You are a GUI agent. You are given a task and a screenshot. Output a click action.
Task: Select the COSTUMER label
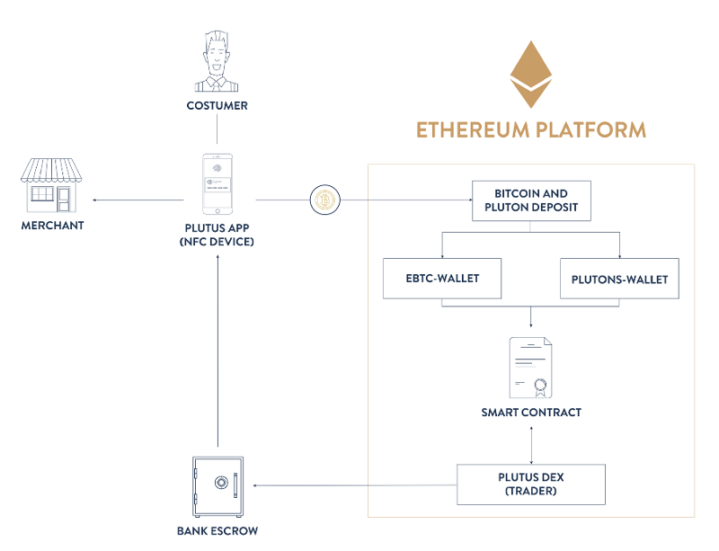217,106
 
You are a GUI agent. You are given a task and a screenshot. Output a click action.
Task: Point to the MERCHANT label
52,225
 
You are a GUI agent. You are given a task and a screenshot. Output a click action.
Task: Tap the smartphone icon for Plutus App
217,182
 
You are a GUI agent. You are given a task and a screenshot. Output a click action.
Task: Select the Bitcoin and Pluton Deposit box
530,200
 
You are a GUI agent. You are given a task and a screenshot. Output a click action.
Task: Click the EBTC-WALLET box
441,279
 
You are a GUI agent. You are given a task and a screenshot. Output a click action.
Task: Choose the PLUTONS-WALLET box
619,279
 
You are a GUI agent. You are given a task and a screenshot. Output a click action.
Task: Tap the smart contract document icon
530,368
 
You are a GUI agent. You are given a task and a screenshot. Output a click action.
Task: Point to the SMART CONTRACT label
530,413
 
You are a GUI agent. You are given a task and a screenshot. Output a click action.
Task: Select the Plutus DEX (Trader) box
530,484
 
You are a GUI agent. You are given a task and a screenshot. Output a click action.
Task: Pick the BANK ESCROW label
217,531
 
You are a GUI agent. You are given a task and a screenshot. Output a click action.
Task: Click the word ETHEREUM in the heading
473,129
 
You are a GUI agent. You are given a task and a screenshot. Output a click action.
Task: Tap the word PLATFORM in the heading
590,129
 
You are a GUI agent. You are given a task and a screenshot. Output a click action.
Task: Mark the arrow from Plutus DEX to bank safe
355,486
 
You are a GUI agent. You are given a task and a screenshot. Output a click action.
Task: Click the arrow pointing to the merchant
135,200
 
